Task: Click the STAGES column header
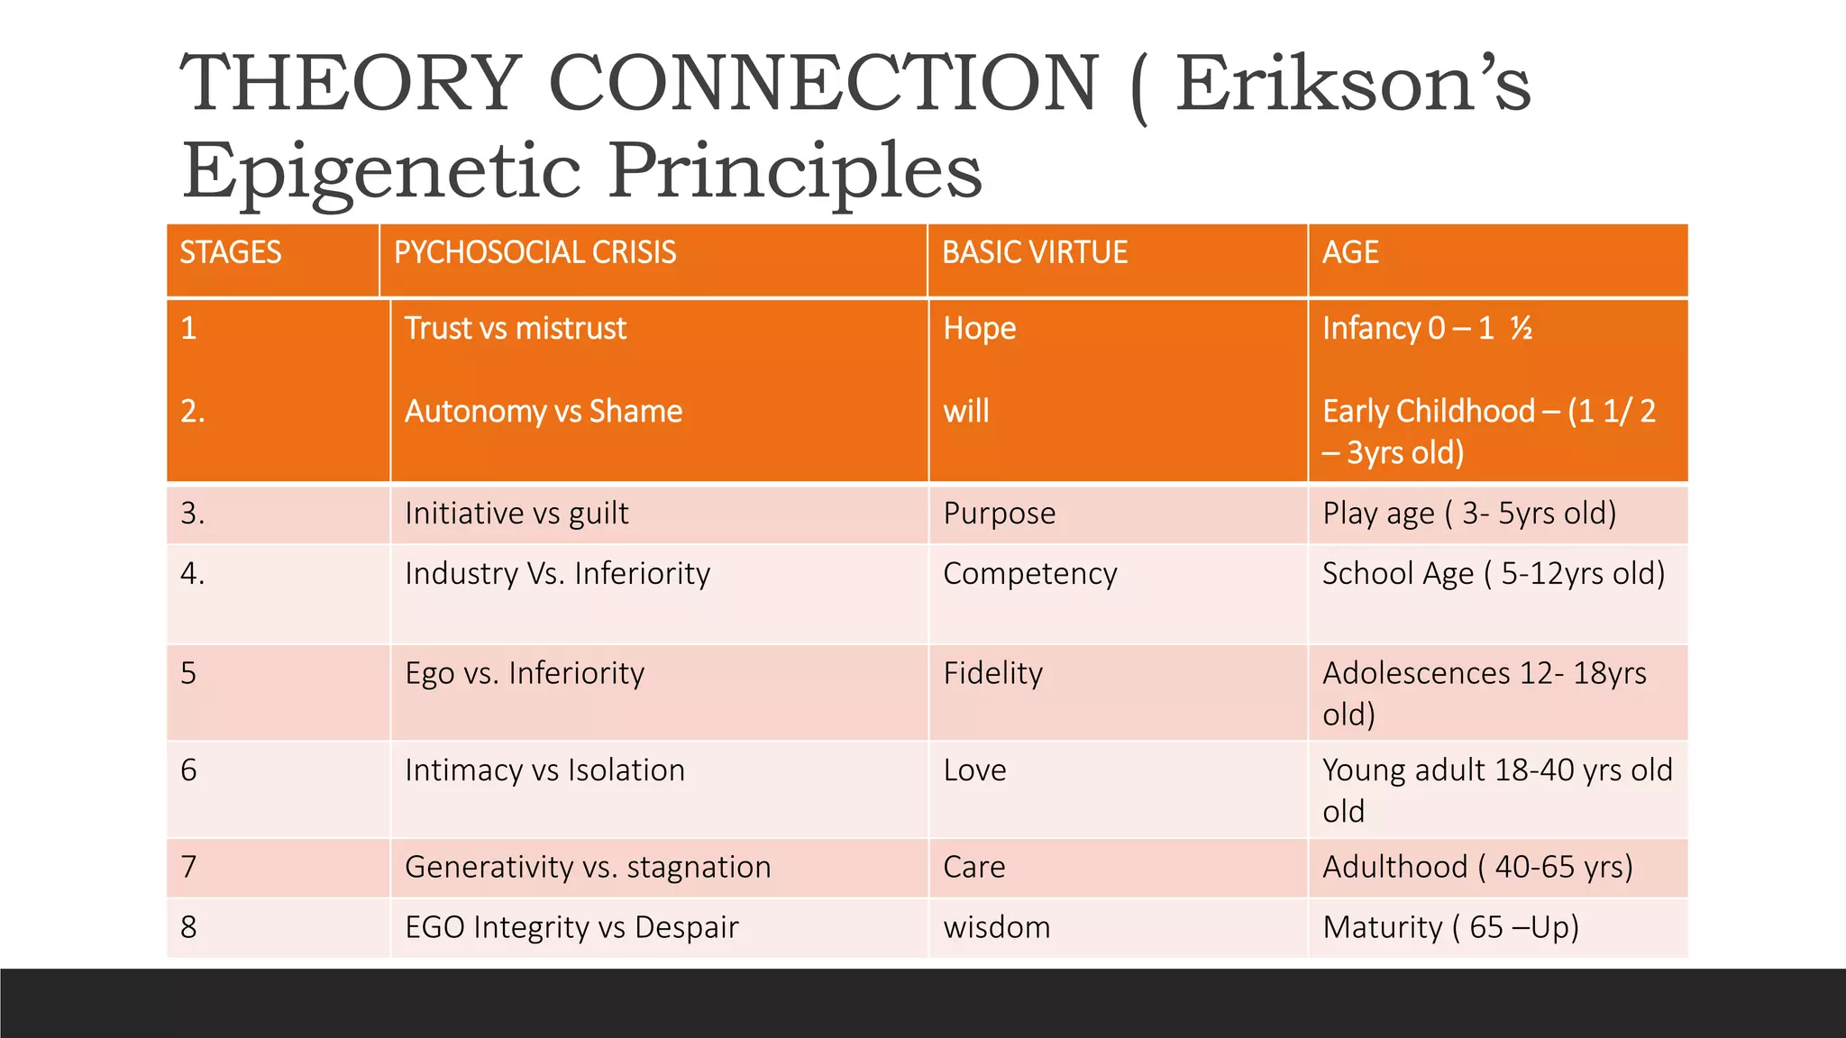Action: tap(231, 253)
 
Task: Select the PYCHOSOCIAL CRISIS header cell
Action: tap(535, 253)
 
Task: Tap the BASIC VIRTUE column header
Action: tap(1035, 253)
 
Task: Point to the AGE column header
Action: tap(1349, 253)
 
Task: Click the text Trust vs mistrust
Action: tap(515, 329)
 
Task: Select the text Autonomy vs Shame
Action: tap(543, 412)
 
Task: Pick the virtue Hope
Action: tap(979, 329)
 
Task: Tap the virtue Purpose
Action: tap(999, 514)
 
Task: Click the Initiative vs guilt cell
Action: tap(516, 514)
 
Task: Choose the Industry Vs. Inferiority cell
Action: tap(557, 574)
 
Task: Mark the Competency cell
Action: tap(1029, 574)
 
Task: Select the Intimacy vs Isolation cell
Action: tap(544, 770)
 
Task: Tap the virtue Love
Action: tap(974, 770)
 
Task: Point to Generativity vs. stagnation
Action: tap(588, 867)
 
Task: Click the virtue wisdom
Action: tap(996, 927)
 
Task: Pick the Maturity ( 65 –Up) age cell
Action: tap(1450, 927)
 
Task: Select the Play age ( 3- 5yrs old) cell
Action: tap(1469, 514)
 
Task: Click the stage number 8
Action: tap(188, 927)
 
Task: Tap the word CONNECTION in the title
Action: tap(823, 83)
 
